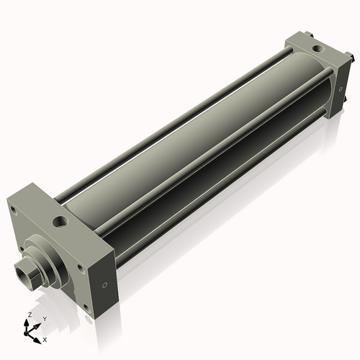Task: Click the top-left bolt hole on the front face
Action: click(x=12, y=210)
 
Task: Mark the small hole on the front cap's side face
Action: click(x=107, y=284)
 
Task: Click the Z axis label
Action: click(x=29, y=315)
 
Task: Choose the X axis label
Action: click(x=45, y=338)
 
